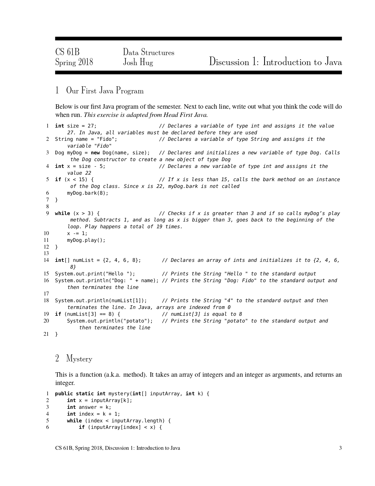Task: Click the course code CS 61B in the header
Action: [x=67, y=52]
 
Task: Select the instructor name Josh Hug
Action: [x=138, y=62]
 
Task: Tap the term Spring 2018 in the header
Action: [x=74, y=62]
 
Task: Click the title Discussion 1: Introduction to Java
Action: [x=275, y=62]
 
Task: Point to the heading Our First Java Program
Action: [x=105, y=90]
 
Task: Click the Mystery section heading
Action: [x=79, y=358]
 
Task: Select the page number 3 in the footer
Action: [x=340, y=448]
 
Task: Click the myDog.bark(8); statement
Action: [x=88, y=193]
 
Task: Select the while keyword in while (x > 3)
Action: [x=62, y=213]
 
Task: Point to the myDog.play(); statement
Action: [x=86, y=240]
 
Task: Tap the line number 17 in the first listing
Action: [x=46, y=294]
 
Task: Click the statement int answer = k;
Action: [x=89, y=407]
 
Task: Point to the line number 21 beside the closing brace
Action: [x=46, y=334]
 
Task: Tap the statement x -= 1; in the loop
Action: [x=77, y=233]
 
